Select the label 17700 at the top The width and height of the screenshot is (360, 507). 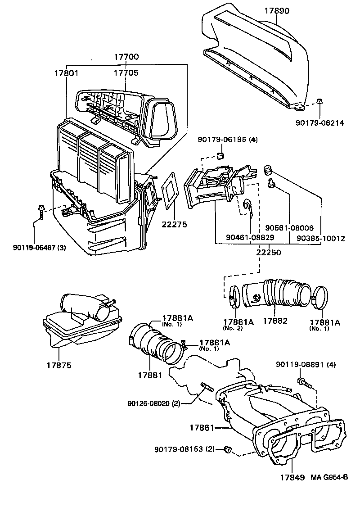coord(126,57)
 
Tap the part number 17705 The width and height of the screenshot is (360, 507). coord(126,72)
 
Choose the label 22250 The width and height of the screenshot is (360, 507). coord(269,252)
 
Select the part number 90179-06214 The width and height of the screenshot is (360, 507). coord(320,122)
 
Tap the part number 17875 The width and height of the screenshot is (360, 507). coord(59,365)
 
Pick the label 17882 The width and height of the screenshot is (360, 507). coord(275,321)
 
